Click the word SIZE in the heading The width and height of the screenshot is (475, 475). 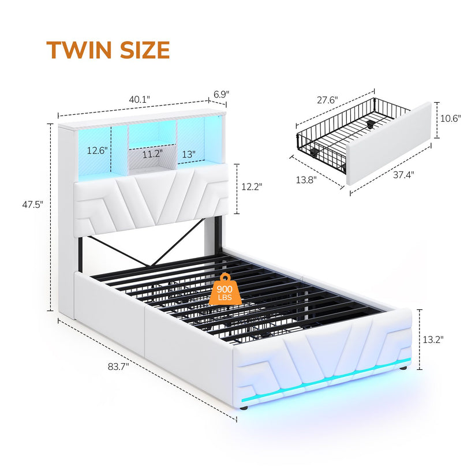[x=145, y=50]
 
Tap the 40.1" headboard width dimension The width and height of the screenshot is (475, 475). [x=139, y=99]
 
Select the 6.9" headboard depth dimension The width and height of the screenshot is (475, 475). [x=222, y=94]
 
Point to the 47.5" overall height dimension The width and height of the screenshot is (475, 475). [x=33, y=205]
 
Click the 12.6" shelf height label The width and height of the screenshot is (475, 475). [x=98, y=150]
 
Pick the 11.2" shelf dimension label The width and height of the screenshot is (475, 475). [x=152, y=154]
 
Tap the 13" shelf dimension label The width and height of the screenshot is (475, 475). [x=189, y=154]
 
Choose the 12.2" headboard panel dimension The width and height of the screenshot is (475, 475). [x=252, y=186]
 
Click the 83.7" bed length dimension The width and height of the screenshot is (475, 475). [x=118, y=367]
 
